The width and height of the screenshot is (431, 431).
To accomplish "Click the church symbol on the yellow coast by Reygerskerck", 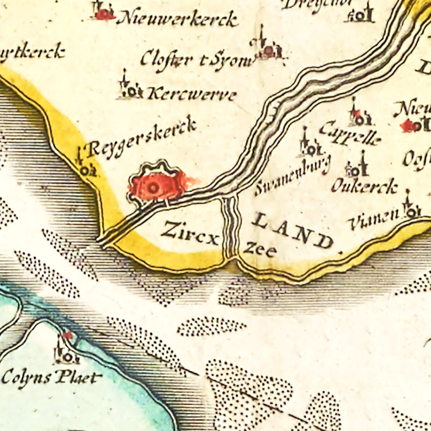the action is point(86,170).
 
